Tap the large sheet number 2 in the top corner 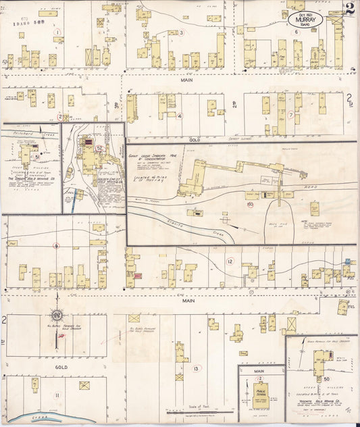[x=350, y=9]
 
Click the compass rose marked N [x=57, y=316]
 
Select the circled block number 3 [x=180, y=32]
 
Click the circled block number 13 [x=196, y=368]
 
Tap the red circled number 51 [x=37, y=156]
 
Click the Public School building [x=260, y=391]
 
